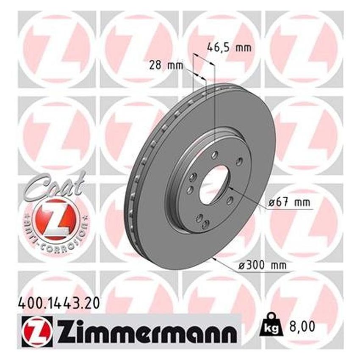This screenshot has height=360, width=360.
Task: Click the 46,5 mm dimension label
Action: [x=229, y=47]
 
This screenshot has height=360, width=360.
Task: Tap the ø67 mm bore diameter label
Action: [x=290, y=203]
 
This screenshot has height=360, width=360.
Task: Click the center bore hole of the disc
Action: [x=214, y=183]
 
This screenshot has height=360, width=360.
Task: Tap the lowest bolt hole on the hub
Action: [x=206, y=224]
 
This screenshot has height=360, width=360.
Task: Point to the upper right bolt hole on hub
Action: [x=240, y=161]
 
